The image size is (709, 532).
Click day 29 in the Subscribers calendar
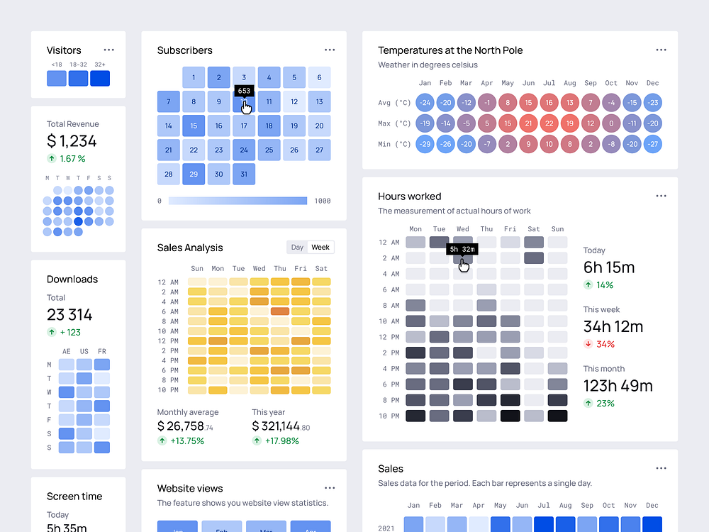[194, 174]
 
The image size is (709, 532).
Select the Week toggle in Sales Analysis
[320, 248]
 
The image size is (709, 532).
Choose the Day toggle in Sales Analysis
[297, 248]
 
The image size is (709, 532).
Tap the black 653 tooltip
[244, 91]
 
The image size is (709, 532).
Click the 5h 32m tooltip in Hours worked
[462, 249]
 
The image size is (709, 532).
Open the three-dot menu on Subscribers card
[330, 50]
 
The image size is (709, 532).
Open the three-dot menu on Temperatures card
[661, 50]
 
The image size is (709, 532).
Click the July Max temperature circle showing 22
[549, 123]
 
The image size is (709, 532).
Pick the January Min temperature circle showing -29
[424, 144]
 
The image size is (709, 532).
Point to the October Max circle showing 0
[611, 123]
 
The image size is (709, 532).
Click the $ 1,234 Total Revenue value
[72, 141]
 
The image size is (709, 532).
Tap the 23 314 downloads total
[69, 315]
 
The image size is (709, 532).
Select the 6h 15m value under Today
[608, 267]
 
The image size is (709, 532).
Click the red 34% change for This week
[605, 344]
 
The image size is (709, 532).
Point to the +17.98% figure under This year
[281, 440]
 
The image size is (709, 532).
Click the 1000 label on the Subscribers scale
[322, 201]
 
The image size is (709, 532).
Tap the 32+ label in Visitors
[100, 65]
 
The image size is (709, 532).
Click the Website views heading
[190, 489]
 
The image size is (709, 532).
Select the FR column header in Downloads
[102, 352]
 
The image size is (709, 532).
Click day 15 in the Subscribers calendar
[194, 126]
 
